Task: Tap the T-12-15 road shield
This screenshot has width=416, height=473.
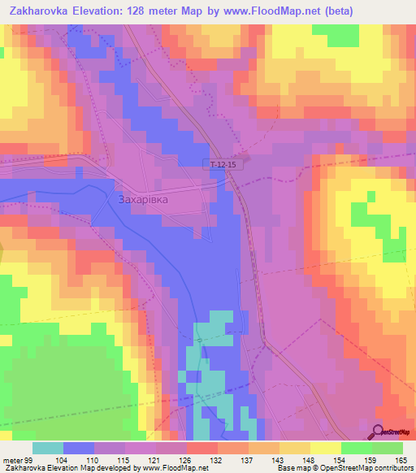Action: click(x=223, y=164)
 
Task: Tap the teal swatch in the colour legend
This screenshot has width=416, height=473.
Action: click(x=48, y=448)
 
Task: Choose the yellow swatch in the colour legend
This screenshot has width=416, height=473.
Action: click(x=326, y=448)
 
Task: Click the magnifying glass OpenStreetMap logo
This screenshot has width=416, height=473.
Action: click(x=378, y=432)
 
